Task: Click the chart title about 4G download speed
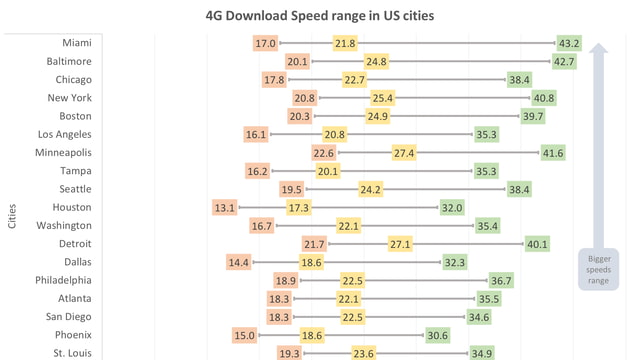click(320, 16)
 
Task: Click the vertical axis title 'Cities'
click(12, 217)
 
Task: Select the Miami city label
click(76, 43)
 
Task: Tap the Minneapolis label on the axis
click(63, 152)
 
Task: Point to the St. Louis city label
click(72, 353)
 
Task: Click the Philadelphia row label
click(63, 280)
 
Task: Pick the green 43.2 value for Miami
click(569, 43)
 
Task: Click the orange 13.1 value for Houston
click(224, 207)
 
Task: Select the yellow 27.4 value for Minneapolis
click(404, 153)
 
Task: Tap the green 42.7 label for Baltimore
click(564, 62)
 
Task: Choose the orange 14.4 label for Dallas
click(239, 262)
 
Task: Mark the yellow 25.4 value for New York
click(382, 98)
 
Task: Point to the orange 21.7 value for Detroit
click(314, 244)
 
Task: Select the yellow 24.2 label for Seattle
click(370, 189)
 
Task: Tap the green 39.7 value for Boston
click(532, 116)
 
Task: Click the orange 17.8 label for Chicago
click(274, 80)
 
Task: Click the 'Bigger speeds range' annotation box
click(598, 268)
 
